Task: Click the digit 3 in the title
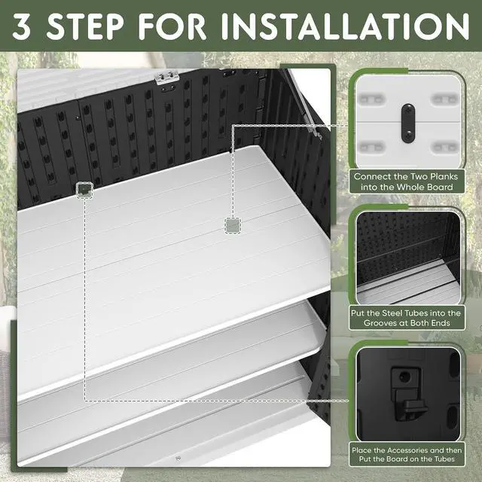point(22,26)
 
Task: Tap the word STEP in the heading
point(85,26)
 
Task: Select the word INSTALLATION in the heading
point(345,26)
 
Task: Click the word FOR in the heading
point(172,26)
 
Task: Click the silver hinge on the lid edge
point(166,77)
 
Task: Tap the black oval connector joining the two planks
point(408,123)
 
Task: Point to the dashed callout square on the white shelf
point(233,226)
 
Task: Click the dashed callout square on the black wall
point(84,191)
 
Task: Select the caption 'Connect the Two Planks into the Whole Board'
point(406,182)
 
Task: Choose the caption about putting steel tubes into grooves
point(406,318)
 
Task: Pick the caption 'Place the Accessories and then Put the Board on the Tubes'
point(407,454)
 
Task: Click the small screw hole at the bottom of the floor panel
point(178,459)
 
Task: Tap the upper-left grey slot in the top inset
point(372,99)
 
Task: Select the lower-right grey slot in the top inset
point(444,148)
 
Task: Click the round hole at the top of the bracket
point(404,377)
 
